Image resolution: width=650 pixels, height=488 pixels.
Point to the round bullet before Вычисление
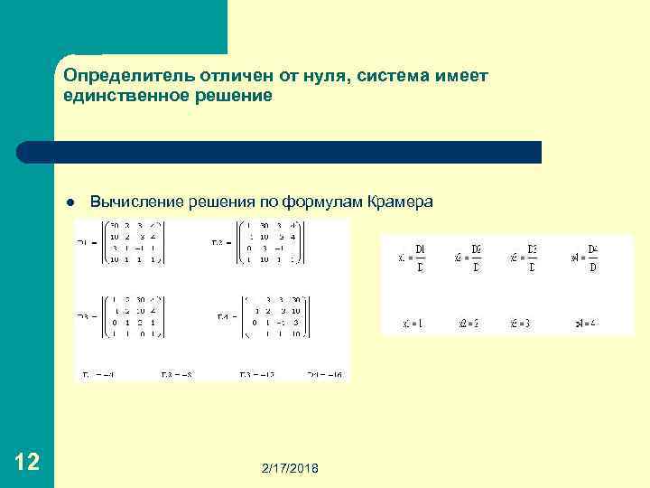70,202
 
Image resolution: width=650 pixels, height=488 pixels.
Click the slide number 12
27,463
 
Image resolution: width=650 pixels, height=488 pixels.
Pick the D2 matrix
272,242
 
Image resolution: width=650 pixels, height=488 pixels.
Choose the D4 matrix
272,314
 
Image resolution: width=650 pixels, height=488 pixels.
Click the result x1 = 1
412,322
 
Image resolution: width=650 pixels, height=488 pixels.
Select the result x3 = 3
522,322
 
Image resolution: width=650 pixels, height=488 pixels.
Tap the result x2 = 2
468,322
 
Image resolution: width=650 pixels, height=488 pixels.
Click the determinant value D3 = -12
255,373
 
